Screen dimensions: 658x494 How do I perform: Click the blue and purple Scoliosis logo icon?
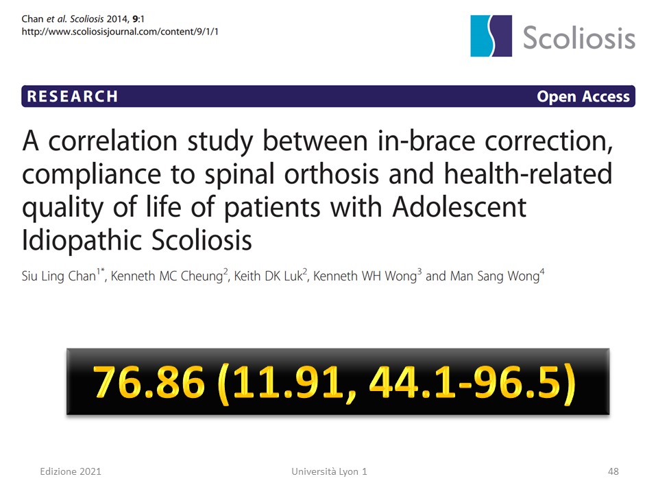491,36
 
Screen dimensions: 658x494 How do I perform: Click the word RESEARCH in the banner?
72,97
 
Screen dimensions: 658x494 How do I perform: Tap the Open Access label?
583,97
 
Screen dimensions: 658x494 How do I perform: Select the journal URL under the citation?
120,32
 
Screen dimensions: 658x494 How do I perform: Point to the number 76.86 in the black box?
149,381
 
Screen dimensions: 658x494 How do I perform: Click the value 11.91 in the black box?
287,381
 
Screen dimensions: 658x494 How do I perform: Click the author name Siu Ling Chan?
59,276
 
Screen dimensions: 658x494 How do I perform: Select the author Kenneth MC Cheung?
167,276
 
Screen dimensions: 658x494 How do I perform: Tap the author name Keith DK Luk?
268,276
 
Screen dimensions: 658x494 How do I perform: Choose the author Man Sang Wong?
495,276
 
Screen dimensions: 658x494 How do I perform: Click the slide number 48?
613,471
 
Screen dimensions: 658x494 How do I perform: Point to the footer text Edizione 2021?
71,471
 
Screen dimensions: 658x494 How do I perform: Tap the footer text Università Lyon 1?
330,471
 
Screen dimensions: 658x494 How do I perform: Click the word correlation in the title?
113,141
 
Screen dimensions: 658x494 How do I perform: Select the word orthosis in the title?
332,174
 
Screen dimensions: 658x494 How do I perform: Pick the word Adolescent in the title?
459,207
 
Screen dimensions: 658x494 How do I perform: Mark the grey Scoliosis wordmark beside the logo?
579,37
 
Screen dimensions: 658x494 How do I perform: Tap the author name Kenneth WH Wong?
365,276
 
